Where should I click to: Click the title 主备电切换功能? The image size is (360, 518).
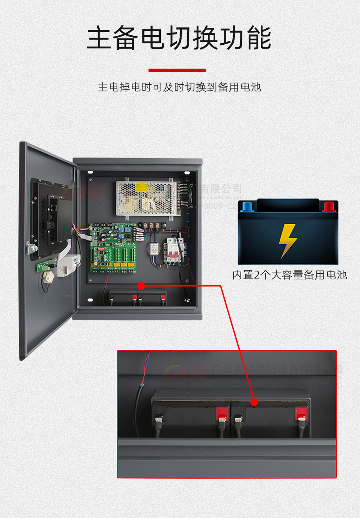pos(179,38)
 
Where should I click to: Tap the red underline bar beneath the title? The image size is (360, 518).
pos(177,70)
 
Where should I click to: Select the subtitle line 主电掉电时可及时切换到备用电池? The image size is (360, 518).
pos(179,87)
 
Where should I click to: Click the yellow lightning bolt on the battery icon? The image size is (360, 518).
pos(287,240)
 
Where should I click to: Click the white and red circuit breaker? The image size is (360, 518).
pos(174,250)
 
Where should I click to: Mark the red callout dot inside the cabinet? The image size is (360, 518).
pos(141,286)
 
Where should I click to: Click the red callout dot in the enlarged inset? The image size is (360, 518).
pos(254,402)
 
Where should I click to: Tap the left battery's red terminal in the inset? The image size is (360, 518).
pos(222,413)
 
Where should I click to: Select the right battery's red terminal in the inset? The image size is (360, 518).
pos(301,413)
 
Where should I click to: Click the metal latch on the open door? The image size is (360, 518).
pos(31,248)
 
